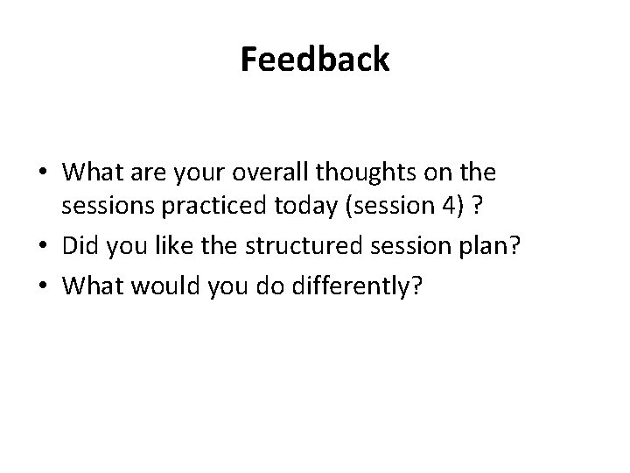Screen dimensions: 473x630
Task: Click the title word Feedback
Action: pos(314,60)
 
